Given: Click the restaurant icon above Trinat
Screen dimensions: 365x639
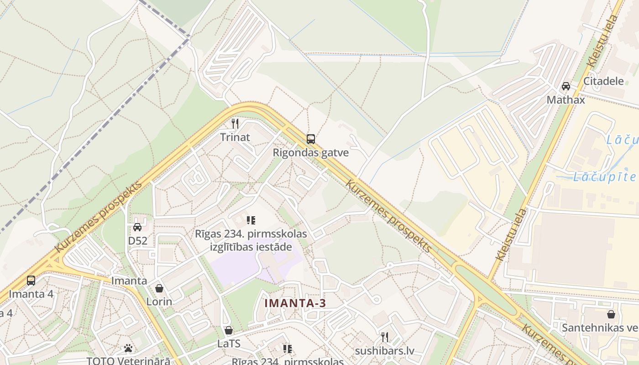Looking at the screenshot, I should click(x=235, y=123).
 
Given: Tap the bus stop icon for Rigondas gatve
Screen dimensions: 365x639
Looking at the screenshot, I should click(x=311, y=139).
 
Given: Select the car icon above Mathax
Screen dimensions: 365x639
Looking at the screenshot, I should click(x=566, y=86).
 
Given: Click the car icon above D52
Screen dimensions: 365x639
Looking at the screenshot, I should click(x=137, y=227).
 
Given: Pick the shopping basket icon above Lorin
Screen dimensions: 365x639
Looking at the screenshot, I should click(x=159, y=288).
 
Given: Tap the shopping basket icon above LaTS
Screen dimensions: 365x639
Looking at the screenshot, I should click(x=229, y=330).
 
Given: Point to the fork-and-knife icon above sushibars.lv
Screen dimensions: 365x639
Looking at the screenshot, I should click(x=385, y=337).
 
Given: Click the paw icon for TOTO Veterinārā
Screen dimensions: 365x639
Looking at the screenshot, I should click(x=128, y=348).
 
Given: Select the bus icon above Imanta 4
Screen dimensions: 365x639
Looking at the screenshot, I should click(x=31, y=280).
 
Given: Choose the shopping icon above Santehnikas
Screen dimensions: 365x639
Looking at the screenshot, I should click(x=611, y=314).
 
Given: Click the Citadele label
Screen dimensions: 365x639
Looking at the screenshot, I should click(x=604, y=81).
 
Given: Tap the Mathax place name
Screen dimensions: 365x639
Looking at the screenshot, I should click(x=566, y=99).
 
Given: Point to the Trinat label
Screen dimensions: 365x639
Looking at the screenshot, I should click(x=235, y=137).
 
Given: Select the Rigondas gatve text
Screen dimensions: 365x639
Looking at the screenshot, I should click(x=311, y=152).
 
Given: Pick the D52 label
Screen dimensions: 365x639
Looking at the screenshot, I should click(x=137, y=240).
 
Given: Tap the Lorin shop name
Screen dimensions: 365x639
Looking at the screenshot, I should click(x=159, y=302).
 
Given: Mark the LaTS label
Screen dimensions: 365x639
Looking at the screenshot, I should click(x=229, y=344).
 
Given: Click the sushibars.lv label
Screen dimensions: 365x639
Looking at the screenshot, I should click(x=385, y=351).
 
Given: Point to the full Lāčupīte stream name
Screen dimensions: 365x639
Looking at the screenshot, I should click(x=604, y=177).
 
